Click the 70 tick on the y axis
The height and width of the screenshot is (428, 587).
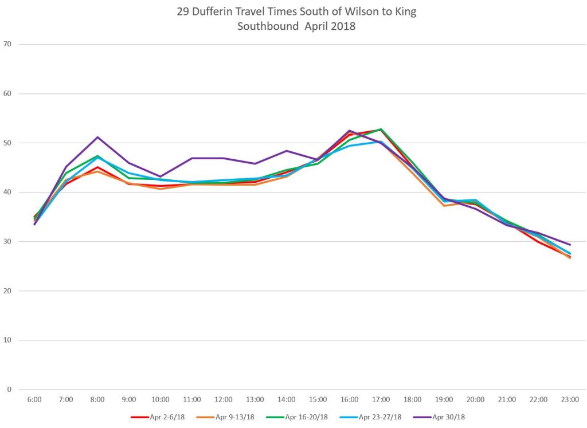tap(7, 44)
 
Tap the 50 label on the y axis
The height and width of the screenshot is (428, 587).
tap(7, 143)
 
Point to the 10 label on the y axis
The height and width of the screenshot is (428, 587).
tap(7, 340)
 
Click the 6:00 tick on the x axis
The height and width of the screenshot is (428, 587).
tap(34, 399)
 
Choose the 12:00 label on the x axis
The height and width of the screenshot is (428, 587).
tap(224, 399)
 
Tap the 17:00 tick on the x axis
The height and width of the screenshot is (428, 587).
tap(381, 399)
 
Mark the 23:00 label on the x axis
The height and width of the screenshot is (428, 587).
tap(570, 399)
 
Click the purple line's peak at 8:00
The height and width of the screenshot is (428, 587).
tap(97, 137)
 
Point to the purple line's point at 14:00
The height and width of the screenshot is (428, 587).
tap(287, 151)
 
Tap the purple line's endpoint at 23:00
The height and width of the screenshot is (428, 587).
tap(570, 245)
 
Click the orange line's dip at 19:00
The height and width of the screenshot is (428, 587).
tap(444, 205)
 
